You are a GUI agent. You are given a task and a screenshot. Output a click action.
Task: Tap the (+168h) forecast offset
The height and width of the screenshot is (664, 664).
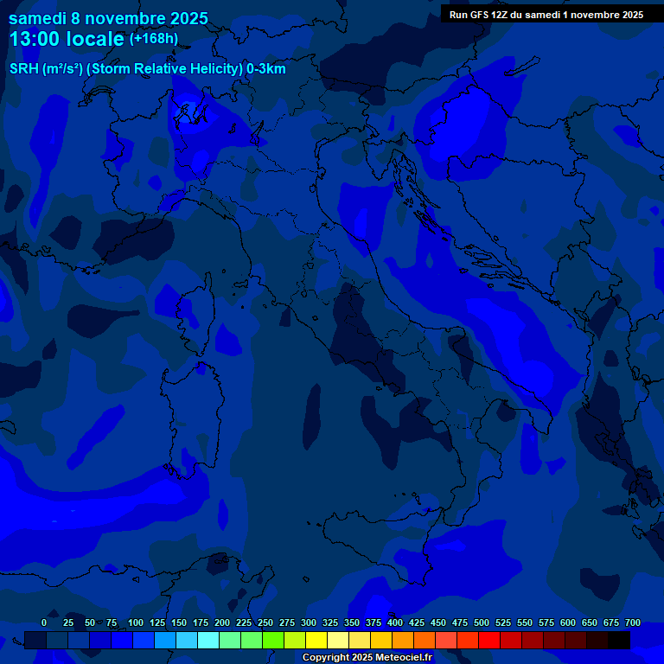tap(154, 38)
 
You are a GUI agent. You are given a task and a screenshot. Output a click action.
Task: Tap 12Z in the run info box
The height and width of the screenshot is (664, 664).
tap(501, 15)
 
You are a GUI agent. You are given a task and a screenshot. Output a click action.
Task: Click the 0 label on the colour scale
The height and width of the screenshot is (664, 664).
tap(44, 622)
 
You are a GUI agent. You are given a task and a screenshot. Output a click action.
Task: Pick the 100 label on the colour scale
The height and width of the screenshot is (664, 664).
tap(136, 622)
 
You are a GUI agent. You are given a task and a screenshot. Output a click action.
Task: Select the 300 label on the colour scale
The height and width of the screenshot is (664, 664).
tap(309, 622)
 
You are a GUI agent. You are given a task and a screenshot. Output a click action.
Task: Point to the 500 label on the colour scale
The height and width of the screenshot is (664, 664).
tap(482, 622)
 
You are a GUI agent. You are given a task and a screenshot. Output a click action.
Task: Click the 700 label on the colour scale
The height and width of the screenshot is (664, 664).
tap(633, 622)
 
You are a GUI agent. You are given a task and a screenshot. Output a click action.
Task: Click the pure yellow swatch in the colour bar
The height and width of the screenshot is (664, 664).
tap(316, 640)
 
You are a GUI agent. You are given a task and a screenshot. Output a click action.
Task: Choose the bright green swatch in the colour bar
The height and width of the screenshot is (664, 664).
tap(273, 640)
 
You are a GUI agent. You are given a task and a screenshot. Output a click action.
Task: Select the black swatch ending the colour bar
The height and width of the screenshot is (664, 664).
tap(619, 640)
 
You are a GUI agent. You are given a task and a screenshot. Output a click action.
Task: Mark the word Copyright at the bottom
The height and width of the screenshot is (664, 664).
tap(325, 658)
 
